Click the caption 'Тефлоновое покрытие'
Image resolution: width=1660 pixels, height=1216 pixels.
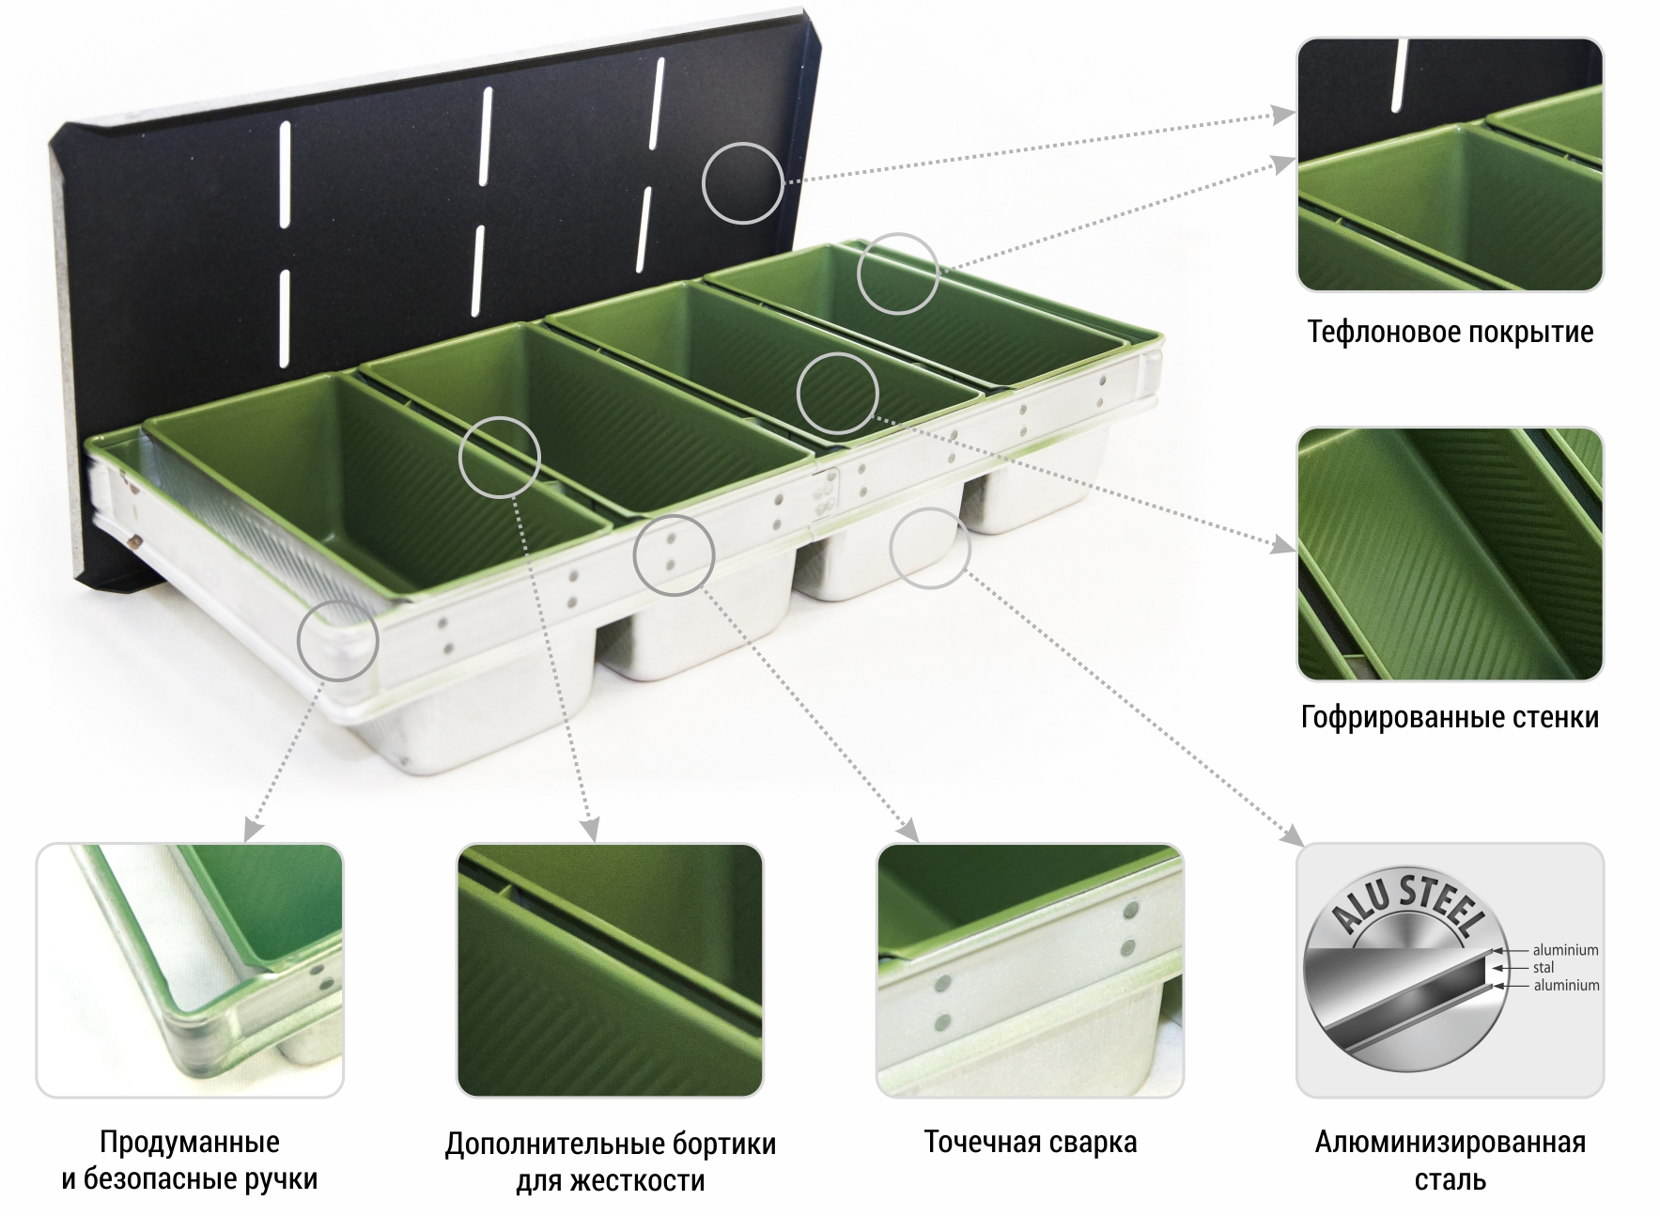tap(1450, 332)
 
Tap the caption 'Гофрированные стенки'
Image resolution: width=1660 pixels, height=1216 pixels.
tap(1450, 718)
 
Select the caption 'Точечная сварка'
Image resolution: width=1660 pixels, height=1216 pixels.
tap(1031, 1142)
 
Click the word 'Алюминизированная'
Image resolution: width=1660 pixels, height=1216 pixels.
tap(1451, 1142)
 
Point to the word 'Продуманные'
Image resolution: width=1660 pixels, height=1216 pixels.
tap(190, 1142)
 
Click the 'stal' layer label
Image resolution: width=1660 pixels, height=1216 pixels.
tap(1544, 967)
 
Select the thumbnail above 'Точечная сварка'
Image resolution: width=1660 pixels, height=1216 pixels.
tap(1030, 971)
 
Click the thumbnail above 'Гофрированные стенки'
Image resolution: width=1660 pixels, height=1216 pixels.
tap(1450, 554)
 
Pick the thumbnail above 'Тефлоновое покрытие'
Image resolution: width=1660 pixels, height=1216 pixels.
tap(1450, 164)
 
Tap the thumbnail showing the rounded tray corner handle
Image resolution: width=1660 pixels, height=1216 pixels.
tap(190, 971)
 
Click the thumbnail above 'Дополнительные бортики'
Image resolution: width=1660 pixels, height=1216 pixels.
tap(610, 971)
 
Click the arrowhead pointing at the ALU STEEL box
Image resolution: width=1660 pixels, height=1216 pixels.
tap(1294, 835)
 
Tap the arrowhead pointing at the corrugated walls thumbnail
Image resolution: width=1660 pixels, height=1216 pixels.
tap(1284, 546)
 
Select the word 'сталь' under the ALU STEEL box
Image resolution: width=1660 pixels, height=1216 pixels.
tap(1451, 1180)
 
